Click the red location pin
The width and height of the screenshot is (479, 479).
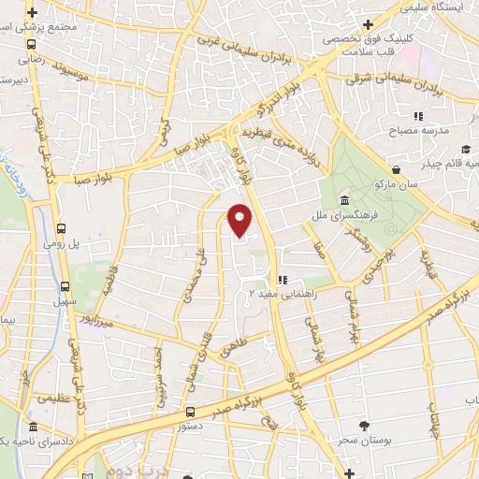point(240,220)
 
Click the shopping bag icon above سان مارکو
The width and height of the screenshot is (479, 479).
point(399,169)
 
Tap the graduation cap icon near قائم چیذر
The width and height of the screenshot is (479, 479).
point(465,150)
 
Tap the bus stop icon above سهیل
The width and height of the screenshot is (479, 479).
point(65,287)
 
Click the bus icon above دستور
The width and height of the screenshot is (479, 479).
point(191,412)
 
